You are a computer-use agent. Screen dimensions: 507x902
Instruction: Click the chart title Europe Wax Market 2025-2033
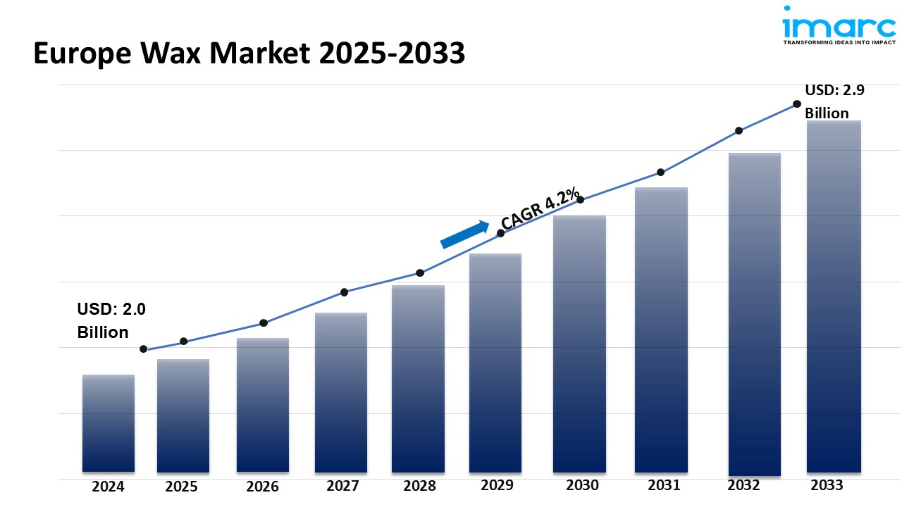coord(249,54)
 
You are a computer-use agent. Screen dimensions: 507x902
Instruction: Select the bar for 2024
coord(109,423)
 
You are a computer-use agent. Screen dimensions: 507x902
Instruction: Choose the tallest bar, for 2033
coord(834,296)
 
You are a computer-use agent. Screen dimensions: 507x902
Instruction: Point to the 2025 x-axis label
coord(182,487)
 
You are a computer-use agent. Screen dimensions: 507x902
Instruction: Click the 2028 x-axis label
coord(419,486)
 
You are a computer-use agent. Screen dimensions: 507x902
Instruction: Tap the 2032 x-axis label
coord(744,485)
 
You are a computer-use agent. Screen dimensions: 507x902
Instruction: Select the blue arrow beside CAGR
coord(465,234)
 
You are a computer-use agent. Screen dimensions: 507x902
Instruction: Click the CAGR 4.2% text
coord(540,208)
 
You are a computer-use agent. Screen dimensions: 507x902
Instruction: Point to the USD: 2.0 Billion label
coord(111,320)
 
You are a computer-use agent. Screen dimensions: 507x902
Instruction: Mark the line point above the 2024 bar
coord(144,349)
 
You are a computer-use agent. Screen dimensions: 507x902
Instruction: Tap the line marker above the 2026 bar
coord(264,323)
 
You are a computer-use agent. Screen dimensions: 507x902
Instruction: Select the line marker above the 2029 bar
coord(500,232)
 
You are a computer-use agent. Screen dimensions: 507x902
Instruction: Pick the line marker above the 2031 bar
coord(661,173)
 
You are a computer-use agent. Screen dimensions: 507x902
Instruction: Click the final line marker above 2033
coord(797,104)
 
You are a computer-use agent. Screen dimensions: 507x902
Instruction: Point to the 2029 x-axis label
coord(497,485)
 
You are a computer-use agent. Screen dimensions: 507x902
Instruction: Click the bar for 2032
coord(754,313)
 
